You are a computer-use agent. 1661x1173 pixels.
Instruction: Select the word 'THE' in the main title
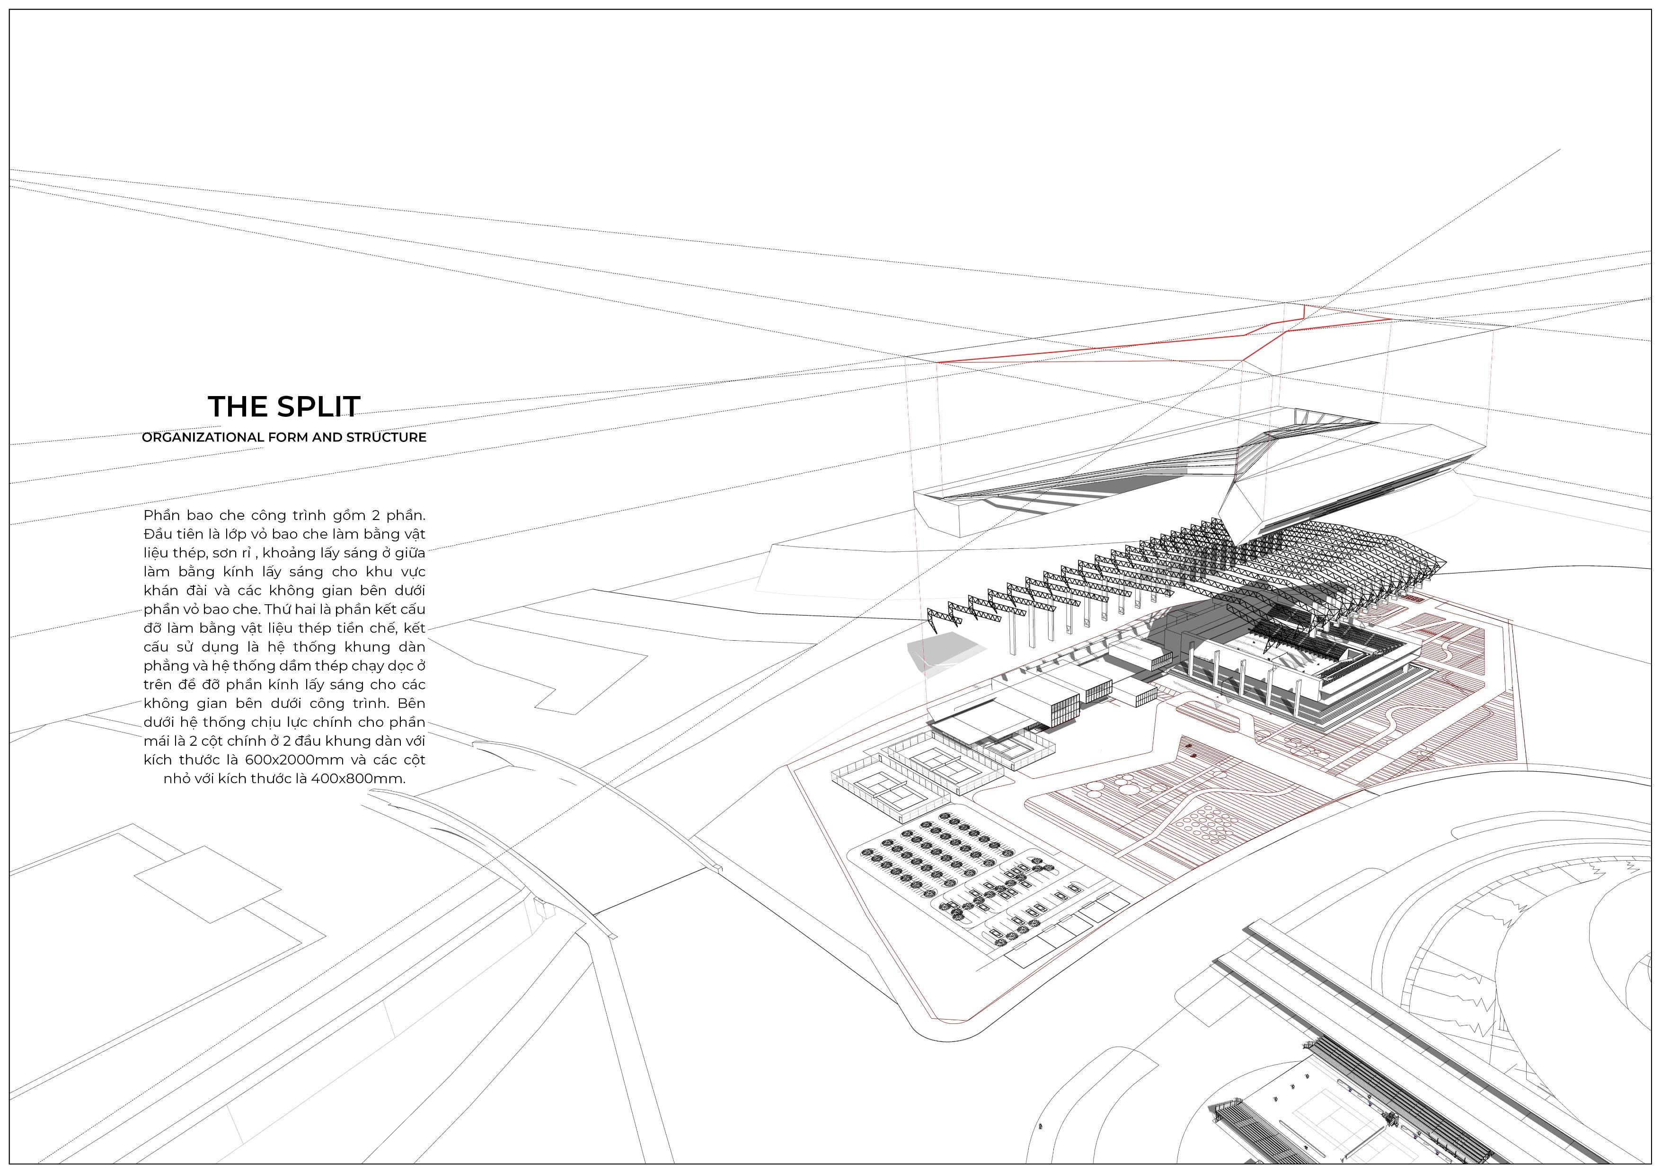pyautogui.click(x=233, y=406)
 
